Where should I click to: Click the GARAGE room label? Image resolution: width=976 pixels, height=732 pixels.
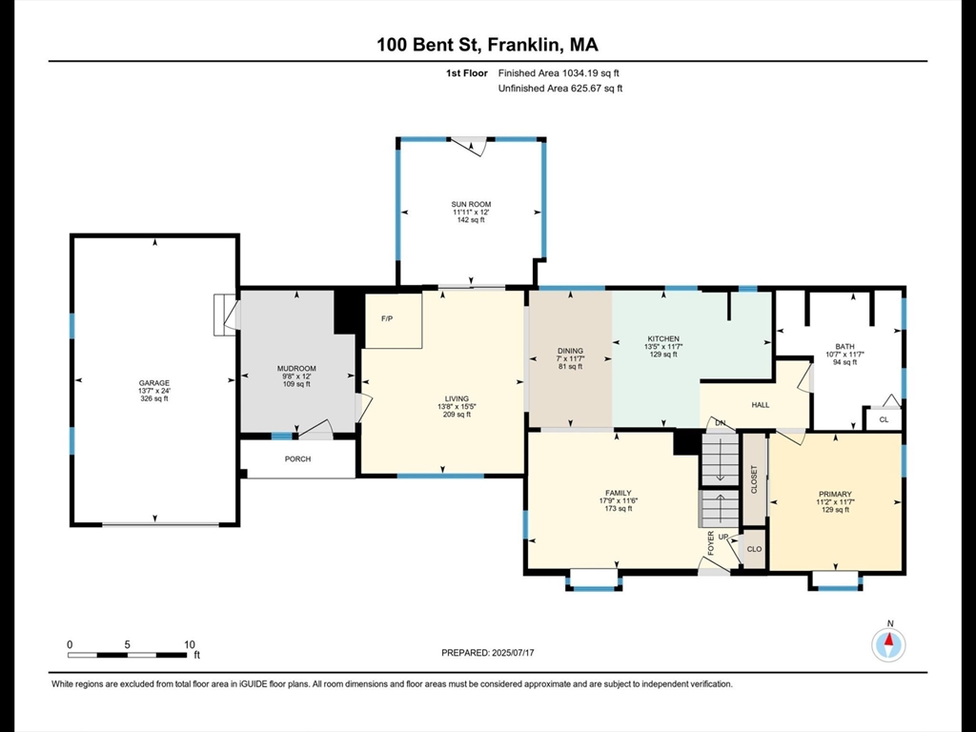[x=153, y=383]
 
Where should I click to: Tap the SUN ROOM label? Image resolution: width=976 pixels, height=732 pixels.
[x=471, y=204]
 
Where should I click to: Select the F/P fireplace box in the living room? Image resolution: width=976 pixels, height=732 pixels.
[x=394, y=320]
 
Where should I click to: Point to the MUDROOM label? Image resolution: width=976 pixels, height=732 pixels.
[x=296, y=369]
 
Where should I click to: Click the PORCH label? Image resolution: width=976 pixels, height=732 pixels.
[x=297, y=458]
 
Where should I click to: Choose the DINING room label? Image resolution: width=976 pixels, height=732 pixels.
[x=570, y=351]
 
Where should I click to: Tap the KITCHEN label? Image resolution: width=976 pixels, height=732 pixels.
[x=663, y=338]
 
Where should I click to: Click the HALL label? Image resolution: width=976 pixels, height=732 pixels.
[x=760, y=404]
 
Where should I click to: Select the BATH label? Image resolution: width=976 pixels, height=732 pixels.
[x=844, y=346]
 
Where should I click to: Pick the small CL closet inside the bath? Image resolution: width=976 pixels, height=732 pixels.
[x=884, y=419]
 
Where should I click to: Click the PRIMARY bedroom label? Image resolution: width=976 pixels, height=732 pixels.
[x=835, y=495]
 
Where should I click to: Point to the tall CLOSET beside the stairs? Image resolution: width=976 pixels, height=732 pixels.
[x=755, y=479]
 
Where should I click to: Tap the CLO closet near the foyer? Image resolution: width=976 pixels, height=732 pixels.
[x=754, y=549]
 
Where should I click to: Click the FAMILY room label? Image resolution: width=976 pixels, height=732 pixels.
[x=618, y=493]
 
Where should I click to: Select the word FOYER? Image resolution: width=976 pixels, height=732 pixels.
[x=711, y=542]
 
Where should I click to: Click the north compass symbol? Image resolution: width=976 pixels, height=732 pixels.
[x=889, y=645]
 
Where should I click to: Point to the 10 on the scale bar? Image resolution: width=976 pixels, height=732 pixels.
[x=190, y=645]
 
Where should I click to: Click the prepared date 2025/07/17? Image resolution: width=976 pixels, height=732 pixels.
[x=513, y=653]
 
